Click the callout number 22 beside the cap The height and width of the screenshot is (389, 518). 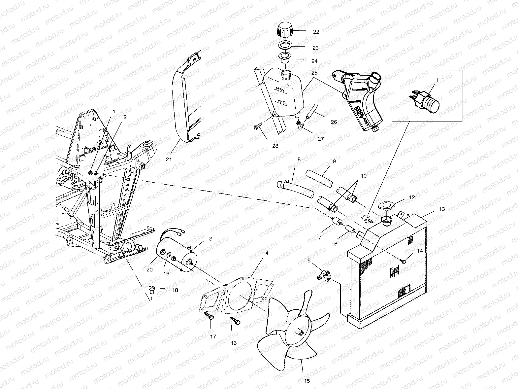coord(316,32)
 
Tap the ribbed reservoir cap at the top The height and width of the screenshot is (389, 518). coord(283,30)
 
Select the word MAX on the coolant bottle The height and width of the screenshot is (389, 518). coord(280,89)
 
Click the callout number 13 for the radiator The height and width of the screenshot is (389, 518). coord(442,209)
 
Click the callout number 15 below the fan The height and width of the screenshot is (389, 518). coord(307,381)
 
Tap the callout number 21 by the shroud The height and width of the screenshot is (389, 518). coord(169,159)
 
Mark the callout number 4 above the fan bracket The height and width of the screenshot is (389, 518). coord(267,253)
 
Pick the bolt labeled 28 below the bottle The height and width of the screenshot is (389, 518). coord(257,126)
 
